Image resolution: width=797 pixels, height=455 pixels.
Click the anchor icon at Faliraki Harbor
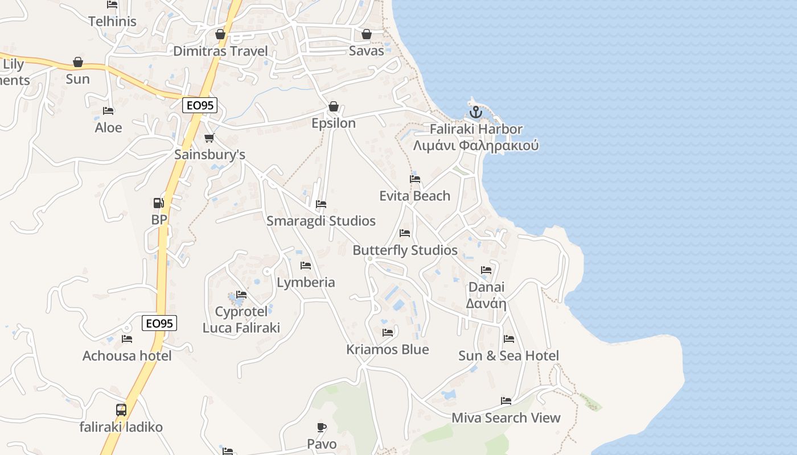(476, 112)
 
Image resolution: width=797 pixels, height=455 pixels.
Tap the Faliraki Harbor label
(476, 129)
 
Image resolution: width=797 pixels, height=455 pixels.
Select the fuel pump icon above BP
(158, 203)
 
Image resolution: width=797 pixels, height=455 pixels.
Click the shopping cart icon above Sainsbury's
(209, 138)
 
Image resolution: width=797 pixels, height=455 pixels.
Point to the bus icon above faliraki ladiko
(121, 409)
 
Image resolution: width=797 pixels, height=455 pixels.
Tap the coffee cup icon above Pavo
(322, 427)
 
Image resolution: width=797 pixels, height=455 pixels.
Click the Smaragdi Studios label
(321, 221)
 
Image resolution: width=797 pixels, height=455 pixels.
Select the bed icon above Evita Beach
(415, 179)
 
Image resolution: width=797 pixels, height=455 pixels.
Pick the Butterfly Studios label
(405, 250)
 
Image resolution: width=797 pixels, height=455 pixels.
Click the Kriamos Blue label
(388, 349)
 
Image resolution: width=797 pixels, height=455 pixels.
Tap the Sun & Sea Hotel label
(508, 356)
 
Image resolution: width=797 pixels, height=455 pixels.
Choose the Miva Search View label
(506, 418)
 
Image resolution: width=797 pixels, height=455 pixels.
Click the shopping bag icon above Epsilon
(334, 106)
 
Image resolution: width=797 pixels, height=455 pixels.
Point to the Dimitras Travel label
(220, 51)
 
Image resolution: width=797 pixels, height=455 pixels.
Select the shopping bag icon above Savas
(367, 34)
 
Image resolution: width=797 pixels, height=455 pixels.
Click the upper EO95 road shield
(200, 105)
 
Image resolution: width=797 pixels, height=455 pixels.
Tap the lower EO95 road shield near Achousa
(159, 324)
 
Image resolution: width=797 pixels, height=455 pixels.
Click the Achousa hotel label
(127, 356)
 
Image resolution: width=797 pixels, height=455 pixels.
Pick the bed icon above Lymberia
(306, 266)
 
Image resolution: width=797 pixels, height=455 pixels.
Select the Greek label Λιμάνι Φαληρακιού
(476, 146)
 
